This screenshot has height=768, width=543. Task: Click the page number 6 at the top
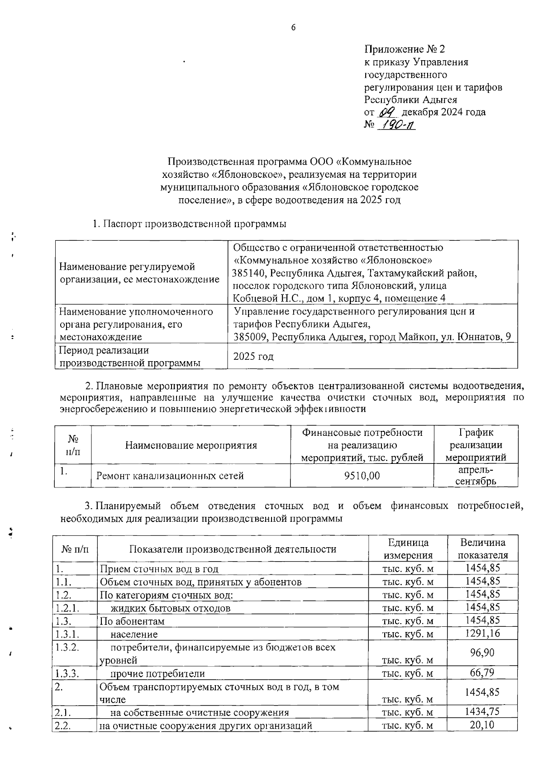[293, 28]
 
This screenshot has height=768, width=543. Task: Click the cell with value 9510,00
[362, 476]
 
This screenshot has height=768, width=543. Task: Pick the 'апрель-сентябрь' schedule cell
[475, 476]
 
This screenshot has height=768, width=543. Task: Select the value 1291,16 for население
[482, 633]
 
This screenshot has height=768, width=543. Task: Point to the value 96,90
[482, 653]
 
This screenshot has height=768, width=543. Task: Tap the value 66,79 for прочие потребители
[482, 673]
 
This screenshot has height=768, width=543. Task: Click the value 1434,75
[482, 711]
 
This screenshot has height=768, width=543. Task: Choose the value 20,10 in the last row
[482, 725]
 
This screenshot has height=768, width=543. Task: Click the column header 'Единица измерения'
[408, 549]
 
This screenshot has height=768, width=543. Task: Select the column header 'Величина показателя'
[482, 549]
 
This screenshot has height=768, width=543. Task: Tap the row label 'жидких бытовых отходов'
[171, 608]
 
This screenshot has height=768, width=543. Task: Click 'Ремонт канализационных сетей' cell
[170, 476]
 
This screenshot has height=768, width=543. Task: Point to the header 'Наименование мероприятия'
[191, 445]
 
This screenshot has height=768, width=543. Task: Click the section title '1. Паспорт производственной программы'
[190, 224]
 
